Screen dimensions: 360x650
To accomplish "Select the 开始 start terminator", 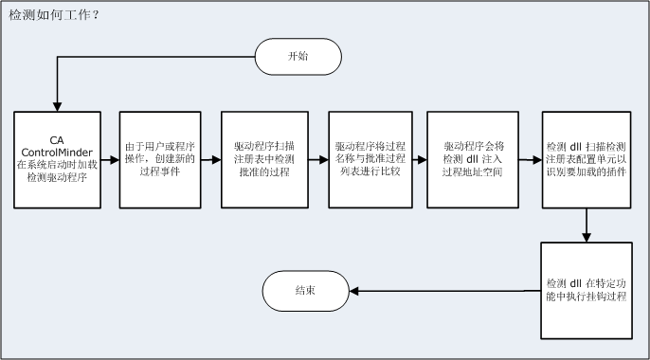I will coord(298,57).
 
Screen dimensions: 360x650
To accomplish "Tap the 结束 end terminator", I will coord(304,290).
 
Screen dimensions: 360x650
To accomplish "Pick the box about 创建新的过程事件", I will coord(159,159).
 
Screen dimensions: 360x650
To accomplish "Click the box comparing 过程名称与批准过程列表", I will coord(370,159).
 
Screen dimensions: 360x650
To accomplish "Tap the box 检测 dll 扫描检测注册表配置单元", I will coord(587,159).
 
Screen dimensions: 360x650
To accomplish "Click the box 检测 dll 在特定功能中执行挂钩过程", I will coord(587,290).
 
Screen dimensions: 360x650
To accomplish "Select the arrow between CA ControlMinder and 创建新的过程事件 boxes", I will coord(110,159).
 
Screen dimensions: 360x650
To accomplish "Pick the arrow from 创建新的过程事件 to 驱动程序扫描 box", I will coord(210,159).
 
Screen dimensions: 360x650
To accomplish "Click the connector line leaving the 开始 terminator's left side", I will coord(152,57).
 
